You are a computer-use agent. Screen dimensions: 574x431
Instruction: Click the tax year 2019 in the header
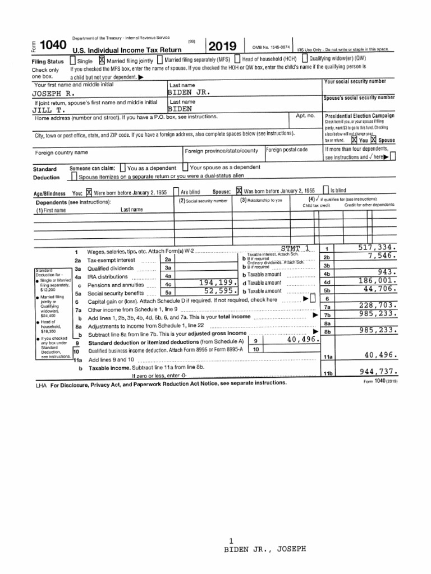[223, 47]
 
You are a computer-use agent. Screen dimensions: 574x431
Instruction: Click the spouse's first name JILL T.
[49, 110]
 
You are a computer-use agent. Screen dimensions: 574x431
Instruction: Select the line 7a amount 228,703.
[378, 305]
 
